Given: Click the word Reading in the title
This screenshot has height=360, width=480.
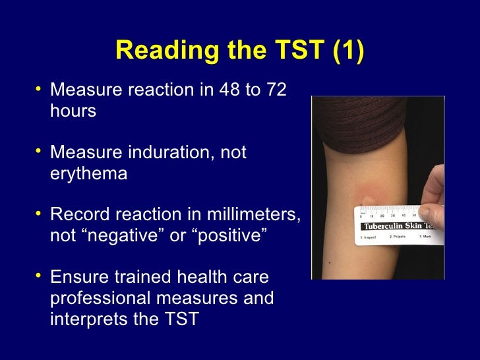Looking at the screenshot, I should coord(157,52).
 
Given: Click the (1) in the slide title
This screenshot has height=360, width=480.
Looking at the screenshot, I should coord(347,52).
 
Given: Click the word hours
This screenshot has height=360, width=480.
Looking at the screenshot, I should coord(73,110).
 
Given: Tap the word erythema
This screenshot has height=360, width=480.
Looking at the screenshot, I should coord(88,173).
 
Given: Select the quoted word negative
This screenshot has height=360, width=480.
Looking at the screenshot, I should coord(124,237).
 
